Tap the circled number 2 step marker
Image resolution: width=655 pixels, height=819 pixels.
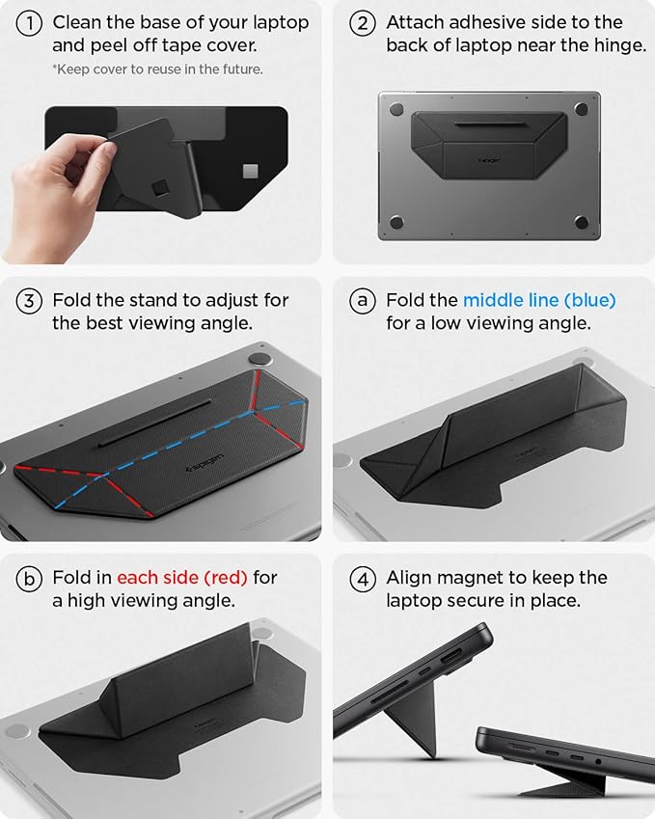pyautogui.click(x=363, y=23)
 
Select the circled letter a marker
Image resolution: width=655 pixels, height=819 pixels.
pyautogui.click(x=363, y=301)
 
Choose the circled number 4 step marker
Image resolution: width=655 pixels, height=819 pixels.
pyautogui.click(x=363, y=579)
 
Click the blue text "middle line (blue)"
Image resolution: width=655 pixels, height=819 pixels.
pyautogui.click(x=538, y=301)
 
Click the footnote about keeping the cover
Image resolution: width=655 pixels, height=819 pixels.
pyautogui.click(x=158, y=69)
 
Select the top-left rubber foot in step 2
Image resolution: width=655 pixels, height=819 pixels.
pyautogui.click(x=396, y=109)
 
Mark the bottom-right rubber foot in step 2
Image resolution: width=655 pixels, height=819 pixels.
pyautogui.click(x=582, y=223)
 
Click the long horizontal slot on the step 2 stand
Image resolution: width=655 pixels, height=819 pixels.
pyautogui.click(x=489, y=124)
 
